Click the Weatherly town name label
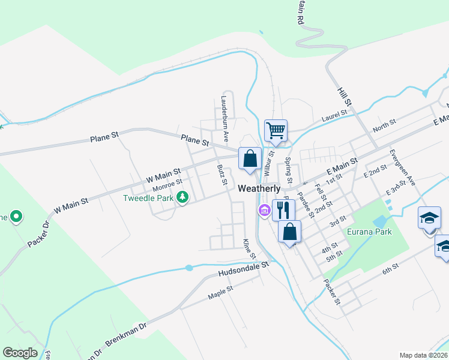(259, 188)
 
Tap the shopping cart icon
(276, 130)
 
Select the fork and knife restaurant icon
(283, 209)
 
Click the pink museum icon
(264, 210)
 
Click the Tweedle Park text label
(148, 198)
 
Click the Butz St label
(221, 174)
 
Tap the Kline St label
(246, 247)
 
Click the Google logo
(20, 353)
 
